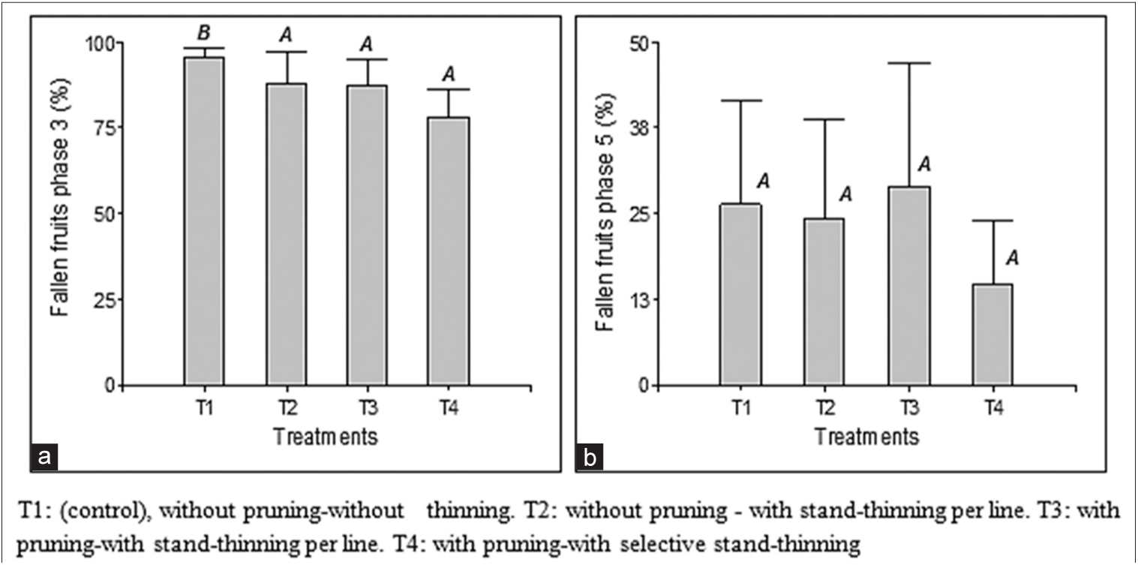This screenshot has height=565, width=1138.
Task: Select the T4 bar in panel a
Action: coord(449,251)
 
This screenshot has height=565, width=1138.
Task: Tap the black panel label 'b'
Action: coord(590,456)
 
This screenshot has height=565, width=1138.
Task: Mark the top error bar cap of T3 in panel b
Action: coord(909,63)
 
